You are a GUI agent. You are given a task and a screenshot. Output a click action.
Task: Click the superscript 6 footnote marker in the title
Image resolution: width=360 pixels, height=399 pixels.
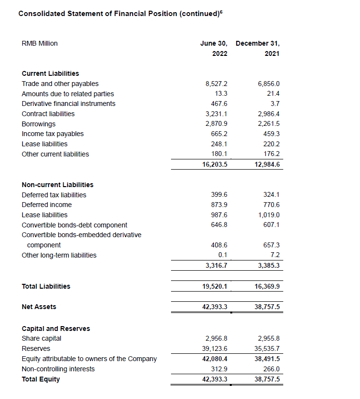pos(221,11)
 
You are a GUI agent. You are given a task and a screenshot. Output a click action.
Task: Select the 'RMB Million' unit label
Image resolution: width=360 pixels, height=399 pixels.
pos(40,44)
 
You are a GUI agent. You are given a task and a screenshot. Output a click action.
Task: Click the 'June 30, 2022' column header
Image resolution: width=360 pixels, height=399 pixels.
pos(214,48)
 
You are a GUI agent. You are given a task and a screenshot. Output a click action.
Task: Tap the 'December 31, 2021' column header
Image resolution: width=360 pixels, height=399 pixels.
pos(257,48)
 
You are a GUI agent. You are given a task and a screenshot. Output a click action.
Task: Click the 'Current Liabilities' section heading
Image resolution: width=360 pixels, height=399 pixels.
pos(51,73)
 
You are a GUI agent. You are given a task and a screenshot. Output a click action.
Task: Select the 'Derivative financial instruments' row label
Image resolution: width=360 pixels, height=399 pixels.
pos(69,104)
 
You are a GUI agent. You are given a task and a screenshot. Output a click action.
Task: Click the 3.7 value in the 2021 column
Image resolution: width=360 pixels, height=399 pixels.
pos(275,104)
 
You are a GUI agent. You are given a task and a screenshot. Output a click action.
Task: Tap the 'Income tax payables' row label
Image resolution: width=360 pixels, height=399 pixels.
pos(52,134)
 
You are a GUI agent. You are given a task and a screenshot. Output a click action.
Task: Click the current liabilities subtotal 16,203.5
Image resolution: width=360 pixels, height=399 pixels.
pos(215,164)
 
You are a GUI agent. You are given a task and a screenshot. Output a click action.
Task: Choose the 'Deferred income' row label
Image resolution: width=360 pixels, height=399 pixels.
pos(47,205)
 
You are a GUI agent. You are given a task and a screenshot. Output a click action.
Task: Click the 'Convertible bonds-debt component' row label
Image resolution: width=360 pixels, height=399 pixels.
pos(74,225)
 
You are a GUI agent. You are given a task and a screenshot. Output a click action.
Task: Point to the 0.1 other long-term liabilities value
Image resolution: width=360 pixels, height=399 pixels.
pos(223,255)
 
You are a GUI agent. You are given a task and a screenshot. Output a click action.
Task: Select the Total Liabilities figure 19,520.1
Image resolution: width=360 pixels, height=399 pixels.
pos(215,287)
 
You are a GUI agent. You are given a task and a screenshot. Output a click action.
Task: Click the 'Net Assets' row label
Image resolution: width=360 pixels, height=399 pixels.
pos(39,307)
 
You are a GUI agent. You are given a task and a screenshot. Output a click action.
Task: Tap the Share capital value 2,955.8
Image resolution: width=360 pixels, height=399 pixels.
pos(269,338)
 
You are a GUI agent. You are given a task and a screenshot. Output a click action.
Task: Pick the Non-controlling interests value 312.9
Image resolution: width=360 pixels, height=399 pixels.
pos(220,369)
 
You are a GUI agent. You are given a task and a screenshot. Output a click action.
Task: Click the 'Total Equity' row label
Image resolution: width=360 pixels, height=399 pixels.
pos(41,379)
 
